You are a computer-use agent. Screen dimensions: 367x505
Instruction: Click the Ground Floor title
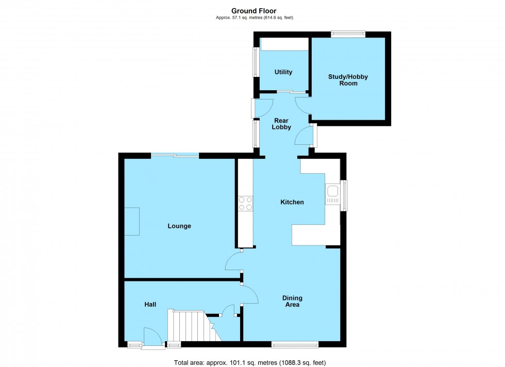click(254, 11)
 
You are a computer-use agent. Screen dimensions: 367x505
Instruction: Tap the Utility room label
click(283, 72)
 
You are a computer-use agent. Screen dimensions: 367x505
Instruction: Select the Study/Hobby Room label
click(348, 80)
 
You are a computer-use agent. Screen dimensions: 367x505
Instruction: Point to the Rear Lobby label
click(282, 124)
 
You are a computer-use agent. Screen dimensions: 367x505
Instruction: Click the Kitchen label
click(292, 202)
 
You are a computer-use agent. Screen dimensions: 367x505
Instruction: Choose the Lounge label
click(179, 226)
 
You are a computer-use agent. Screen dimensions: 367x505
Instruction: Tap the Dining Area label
click(292, 301)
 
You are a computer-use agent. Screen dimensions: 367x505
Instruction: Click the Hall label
click(150, 305)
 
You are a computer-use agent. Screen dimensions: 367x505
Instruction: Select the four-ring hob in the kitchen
click(245, 204)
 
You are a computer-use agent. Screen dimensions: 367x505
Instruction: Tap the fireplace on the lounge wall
click(132, 221)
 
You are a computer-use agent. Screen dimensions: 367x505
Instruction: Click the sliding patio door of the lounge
click(175, 155)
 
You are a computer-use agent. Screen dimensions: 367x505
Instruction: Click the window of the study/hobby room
click(348, 35)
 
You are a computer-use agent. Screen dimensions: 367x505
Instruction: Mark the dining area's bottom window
click(295, 344)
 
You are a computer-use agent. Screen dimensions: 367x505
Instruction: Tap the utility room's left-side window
click(255, 62)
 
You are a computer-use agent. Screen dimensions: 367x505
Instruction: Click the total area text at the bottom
click(250, 362)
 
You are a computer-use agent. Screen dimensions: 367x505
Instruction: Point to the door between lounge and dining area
click(233, 261)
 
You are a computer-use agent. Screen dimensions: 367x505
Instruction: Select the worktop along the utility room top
click(284, 44)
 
